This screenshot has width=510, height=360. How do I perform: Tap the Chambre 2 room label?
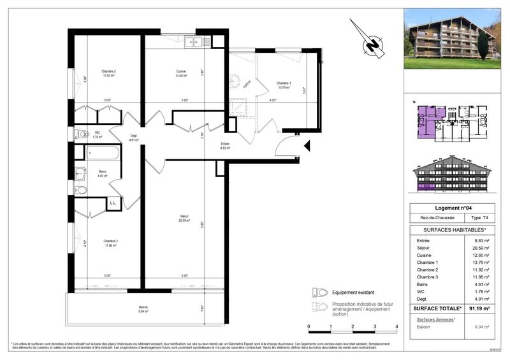point(108,71)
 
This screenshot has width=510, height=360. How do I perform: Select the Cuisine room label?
point(180,71)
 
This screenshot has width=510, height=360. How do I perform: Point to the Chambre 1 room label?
point(283,83)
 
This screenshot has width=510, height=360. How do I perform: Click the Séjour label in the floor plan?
point(184,217)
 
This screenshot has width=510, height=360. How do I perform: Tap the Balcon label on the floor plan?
point(143,308)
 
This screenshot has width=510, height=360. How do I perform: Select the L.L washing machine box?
point(113,203)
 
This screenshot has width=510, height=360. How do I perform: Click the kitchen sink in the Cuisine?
point(193,43)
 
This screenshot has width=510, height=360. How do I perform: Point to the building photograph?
point(452,38)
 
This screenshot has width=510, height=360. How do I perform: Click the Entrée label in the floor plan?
point(225,144)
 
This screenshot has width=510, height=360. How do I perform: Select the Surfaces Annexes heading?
point(435,318)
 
